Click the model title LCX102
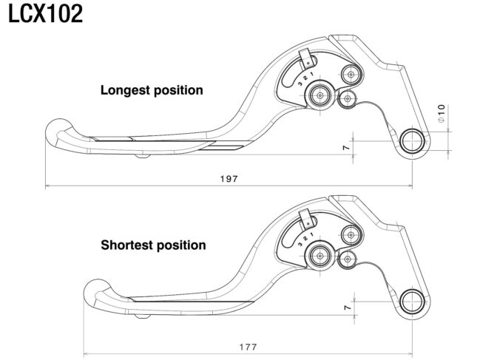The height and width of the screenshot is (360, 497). pos(45,14)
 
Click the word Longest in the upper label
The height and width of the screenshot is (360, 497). pos(125,90)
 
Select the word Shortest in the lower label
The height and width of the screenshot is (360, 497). pos(126,245)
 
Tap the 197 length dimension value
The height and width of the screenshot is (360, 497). pos(229,179)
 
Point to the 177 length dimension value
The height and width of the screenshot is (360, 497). pos(248,347)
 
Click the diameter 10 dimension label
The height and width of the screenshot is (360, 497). pos(442,113)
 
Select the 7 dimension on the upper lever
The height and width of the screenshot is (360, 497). pos(346,147)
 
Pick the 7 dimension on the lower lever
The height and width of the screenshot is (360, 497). pos(348,308)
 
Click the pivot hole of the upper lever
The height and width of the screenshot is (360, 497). pos(412,141)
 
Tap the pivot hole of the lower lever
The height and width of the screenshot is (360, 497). pos(412,302)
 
